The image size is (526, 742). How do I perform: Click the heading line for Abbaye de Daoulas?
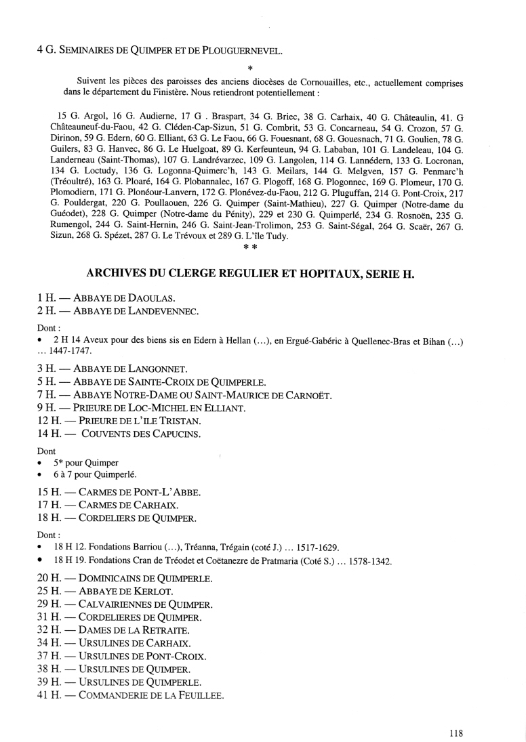[98, 297]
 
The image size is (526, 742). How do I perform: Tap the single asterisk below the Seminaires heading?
[250, 68]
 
